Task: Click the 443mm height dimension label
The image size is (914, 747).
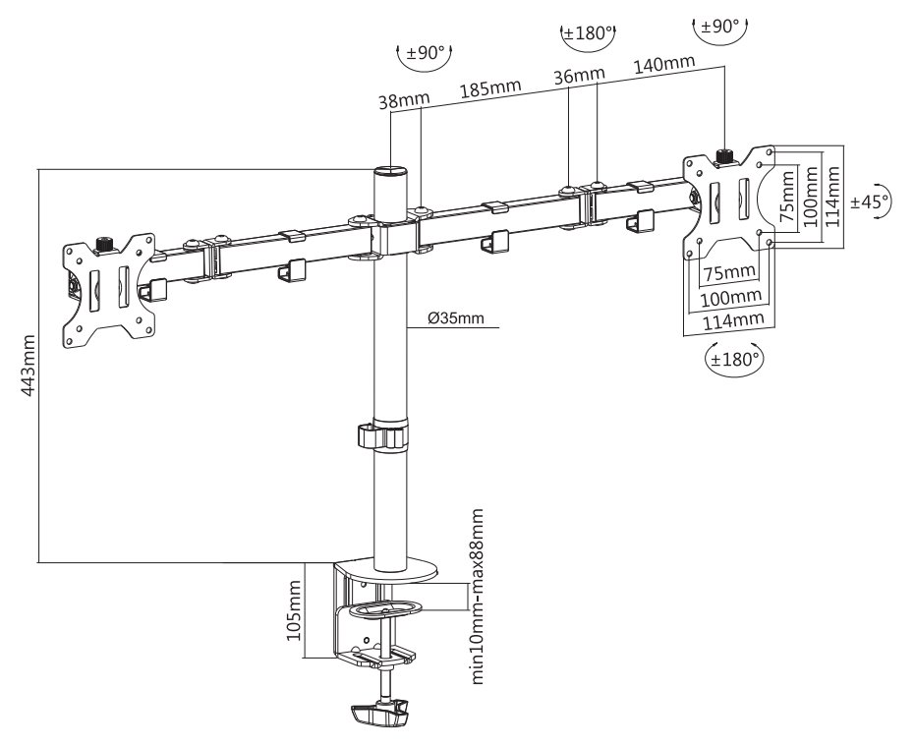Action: (x=29, y=365)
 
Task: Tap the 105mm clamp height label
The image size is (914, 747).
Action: (x=294, y=609)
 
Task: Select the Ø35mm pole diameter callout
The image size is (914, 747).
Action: (x=456, y=318)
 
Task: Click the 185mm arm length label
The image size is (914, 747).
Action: (x=490, y=86)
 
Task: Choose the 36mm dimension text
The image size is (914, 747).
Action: (x=578, y=75)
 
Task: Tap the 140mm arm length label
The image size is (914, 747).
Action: (x=664, y=63)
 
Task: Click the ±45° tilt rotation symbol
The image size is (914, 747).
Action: (x=869, y=201)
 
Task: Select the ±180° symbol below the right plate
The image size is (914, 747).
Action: (x=734, y=359)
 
